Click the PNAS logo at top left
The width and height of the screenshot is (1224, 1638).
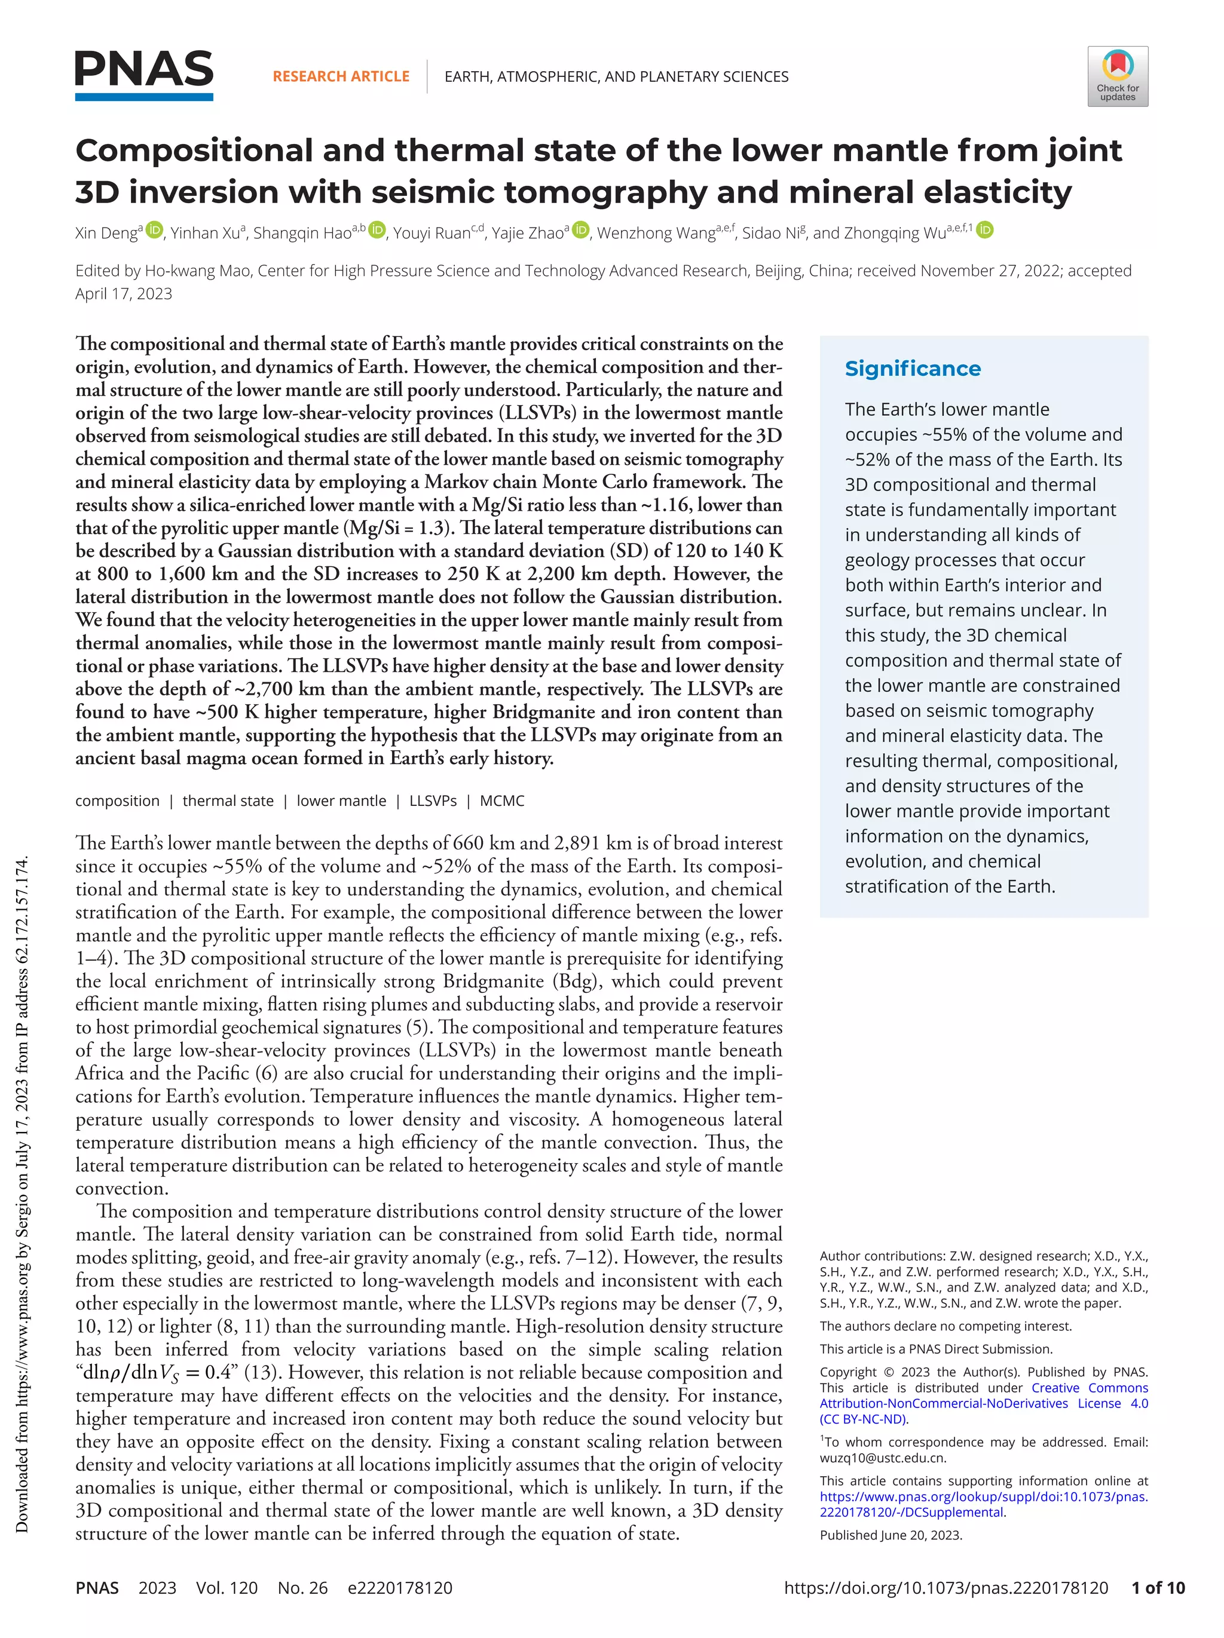(144, 75)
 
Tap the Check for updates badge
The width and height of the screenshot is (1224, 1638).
(1117, 76)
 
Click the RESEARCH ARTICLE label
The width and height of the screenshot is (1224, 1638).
(341, 76)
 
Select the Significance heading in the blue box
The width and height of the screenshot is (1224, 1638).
(912, 369)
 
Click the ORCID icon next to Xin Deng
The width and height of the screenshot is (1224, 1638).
(154, 231)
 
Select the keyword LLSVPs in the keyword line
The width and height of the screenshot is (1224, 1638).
(433, 800)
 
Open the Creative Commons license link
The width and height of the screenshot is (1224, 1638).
(983, 1403)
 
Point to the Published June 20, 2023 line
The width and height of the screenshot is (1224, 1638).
(891, 1534)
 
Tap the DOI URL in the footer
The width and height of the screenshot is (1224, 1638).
(945, 1588)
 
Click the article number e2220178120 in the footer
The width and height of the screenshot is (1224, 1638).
(399, 1588)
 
